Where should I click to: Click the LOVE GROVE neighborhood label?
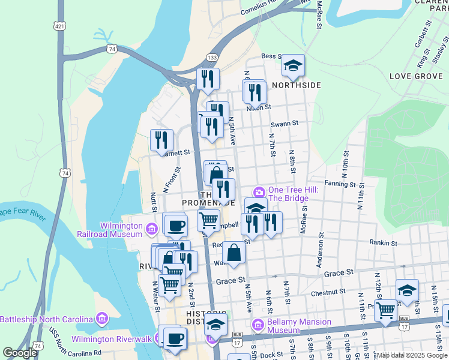(416, 76)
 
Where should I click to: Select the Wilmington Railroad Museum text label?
(113, 230)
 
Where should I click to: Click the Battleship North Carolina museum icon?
(101, 318)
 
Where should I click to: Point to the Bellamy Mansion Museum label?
(299, 326)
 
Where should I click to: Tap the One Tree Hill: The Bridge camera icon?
(259, 192)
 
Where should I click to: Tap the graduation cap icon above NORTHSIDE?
(293, 66)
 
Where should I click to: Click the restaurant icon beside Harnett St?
(161, 140)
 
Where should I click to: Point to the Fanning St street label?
(340, 184)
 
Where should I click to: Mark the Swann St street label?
(285, 124)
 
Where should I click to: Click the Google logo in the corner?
(20, 353)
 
